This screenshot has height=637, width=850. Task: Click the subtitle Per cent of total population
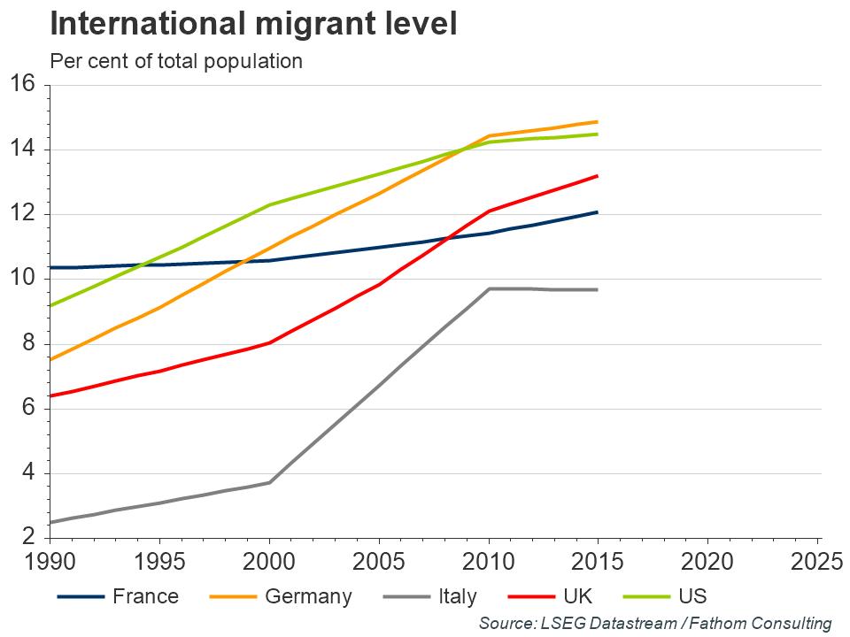(176, 61)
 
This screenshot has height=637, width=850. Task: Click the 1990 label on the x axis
(50, 562)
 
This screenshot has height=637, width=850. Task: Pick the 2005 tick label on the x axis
(379, 562)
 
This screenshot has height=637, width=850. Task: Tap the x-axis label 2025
(817, 562)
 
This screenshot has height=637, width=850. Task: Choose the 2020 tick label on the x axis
(707, 562)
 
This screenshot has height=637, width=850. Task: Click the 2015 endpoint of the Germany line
(598, 122)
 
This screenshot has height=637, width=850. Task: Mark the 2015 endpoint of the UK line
(598, 176)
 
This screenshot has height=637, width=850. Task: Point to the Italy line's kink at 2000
(269, 482)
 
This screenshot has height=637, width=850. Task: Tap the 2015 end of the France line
(598, 212)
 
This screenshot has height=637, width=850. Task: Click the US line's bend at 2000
(269, 205)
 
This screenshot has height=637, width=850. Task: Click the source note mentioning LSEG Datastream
(655, 623)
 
